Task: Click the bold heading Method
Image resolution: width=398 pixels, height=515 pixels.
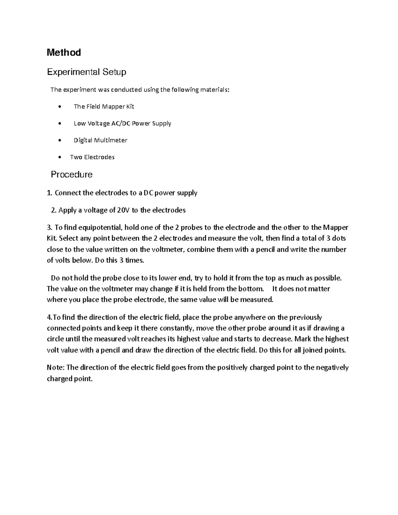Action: click(64, 52)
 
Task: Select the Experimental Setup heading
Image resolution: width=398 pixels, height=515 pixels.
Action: click(87, 72)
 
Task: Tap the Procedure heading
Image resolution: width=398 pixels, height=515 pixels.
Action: click(71, 174)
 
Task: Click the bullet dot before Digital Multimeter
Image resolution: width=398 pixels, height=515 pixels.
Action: click(59, 140)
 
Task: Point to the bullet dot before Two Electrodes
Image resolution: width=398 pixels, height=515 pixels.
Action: click(59, 157)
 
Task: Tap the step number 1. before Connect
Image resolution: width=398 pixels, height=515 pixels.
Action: click(50, 193)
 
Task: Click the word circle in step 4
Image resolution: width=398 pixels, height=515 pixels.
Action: click(55, 339)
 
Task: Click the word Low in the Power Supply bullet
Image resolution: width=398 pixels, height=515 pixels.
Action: click(80, 123)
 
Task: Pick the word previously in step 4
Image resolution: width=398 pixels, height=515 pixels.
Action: click(306, 317)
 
